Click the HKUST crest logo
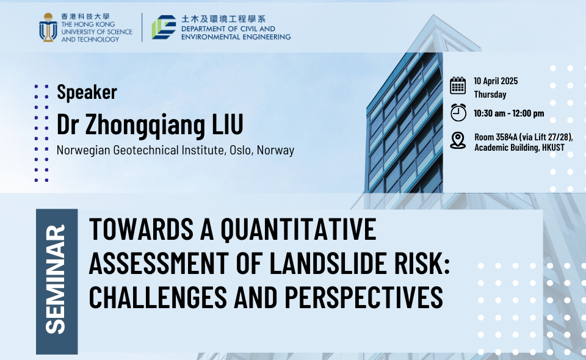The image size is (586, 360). [x=48, y=27]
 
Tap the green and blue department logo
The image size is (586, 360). [x=164, y=27]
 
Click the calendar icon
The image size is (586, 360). [x=458, y=85]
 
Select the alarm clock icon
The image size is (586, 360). [x=458, y=112]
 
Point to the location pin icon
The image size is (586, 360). [x=458, y=140]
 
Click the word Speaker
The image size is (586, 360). [x=87, y=92]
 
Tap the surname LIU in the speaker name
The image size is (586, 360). [x=228, y=124]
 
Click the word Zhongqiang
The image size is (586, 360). [x=145, y=126]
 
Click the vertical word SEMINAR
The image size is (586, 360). [x=56, y=279]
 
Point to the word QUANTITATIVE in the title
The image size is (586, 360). [x=298, y=229]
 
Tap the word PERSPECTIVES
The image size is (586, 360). [x=364, y=297]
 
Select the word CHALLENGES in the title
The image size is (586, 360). [x=157, y=297]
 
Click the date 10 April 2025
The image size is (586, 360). [x=496, y=81]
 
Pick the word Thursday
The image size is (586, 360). [x=490, y=95]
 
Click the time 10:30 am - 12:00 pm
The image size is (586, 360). [x=508, y=113]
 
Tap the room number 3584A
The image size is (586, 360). [x=507, y=137]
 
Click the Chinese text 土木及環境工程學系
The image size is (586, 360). [x=223, y=19]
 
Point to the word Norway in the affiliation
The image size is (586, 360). [x=275, y=150]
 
